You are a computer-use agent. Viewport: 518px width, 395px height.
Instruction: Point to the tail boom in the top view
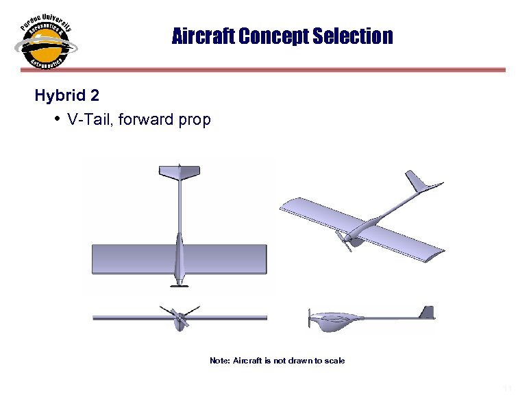click(x=179, y=206)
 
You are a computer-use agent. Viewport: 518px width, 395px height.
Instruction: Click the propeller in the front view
click(x=179, y=317)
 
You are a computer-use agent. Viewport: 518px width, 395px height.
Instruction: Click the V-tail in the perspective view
click(x=419, y=183)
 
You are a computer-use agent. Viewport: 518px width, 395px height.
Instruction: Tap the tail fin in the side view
click(x=427, y=313)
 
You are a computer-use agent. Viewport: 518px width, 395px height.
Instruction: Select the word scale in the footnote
click(x=334, y=361)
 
